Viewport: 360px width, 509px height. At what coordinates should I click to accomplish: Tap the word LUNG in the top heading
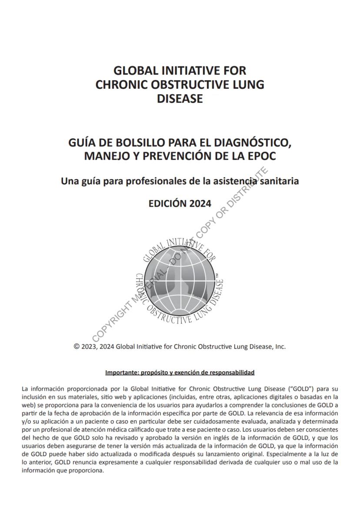click(x=249, y=84)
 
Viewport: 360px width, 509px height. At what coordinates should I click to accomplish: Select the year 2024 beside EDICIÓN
click(x=200, y=203)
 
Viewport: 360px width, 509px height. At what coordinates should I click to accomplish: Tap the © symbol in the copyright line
click(x=77, y=347)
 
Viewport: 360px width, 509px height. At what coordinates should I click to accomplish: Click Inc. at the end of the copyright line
click(x=280, y=347)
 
